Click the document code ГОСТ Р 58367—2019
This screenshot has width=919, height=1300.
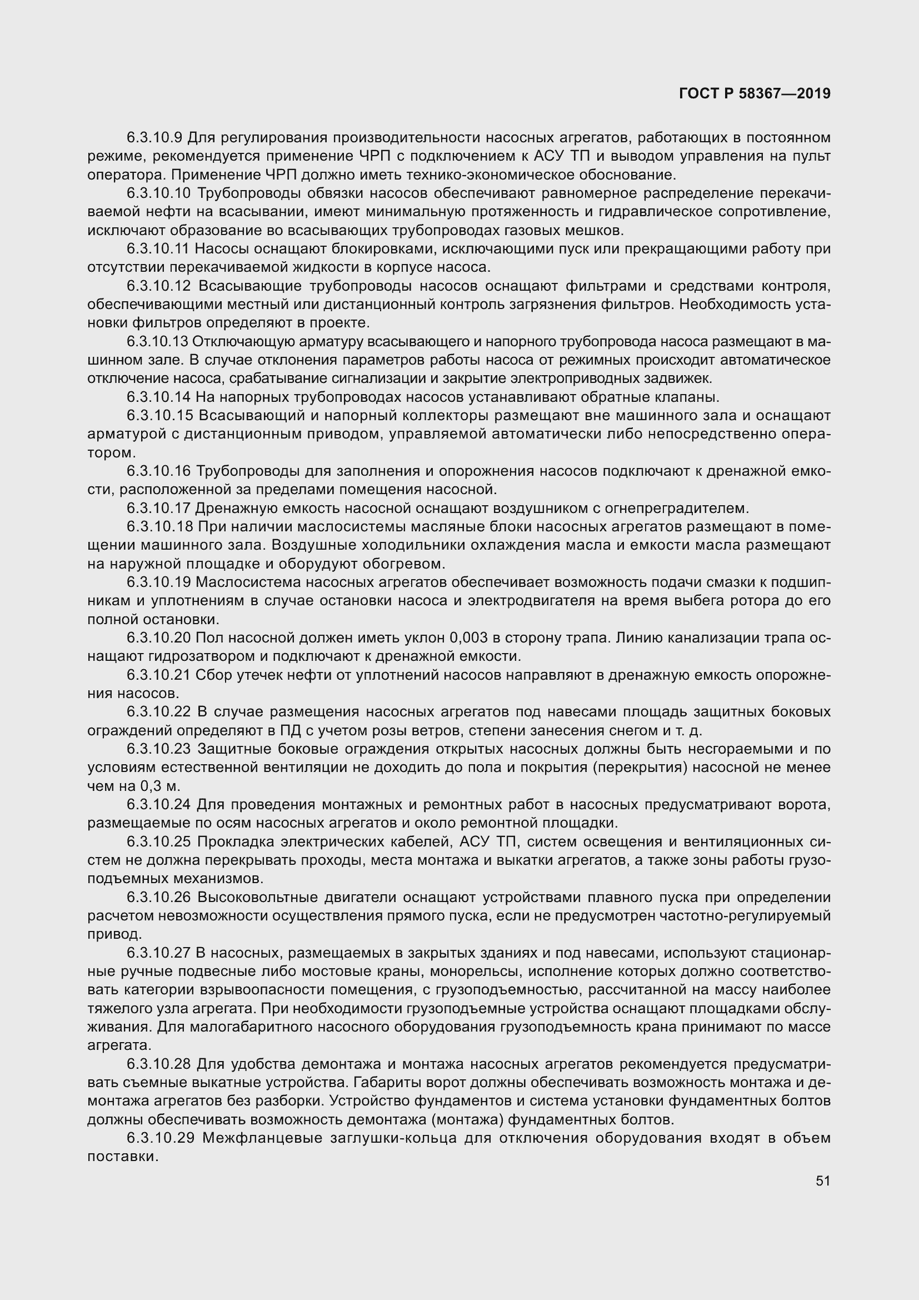pos(755,94)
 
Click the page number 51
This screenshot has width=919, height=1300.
pos(823,1181)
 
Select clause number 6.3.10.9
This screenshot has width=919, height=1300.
pos(154,138)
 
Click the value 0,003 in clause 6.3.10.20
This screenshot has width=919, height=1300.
pos(468,638)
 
